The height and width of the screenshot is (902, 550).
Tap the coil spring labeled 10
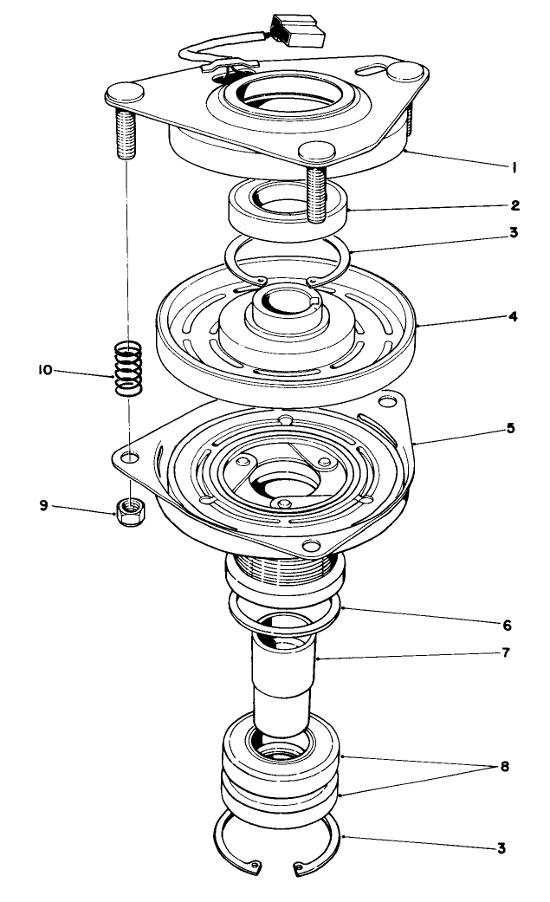click(x=129, y=368)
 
